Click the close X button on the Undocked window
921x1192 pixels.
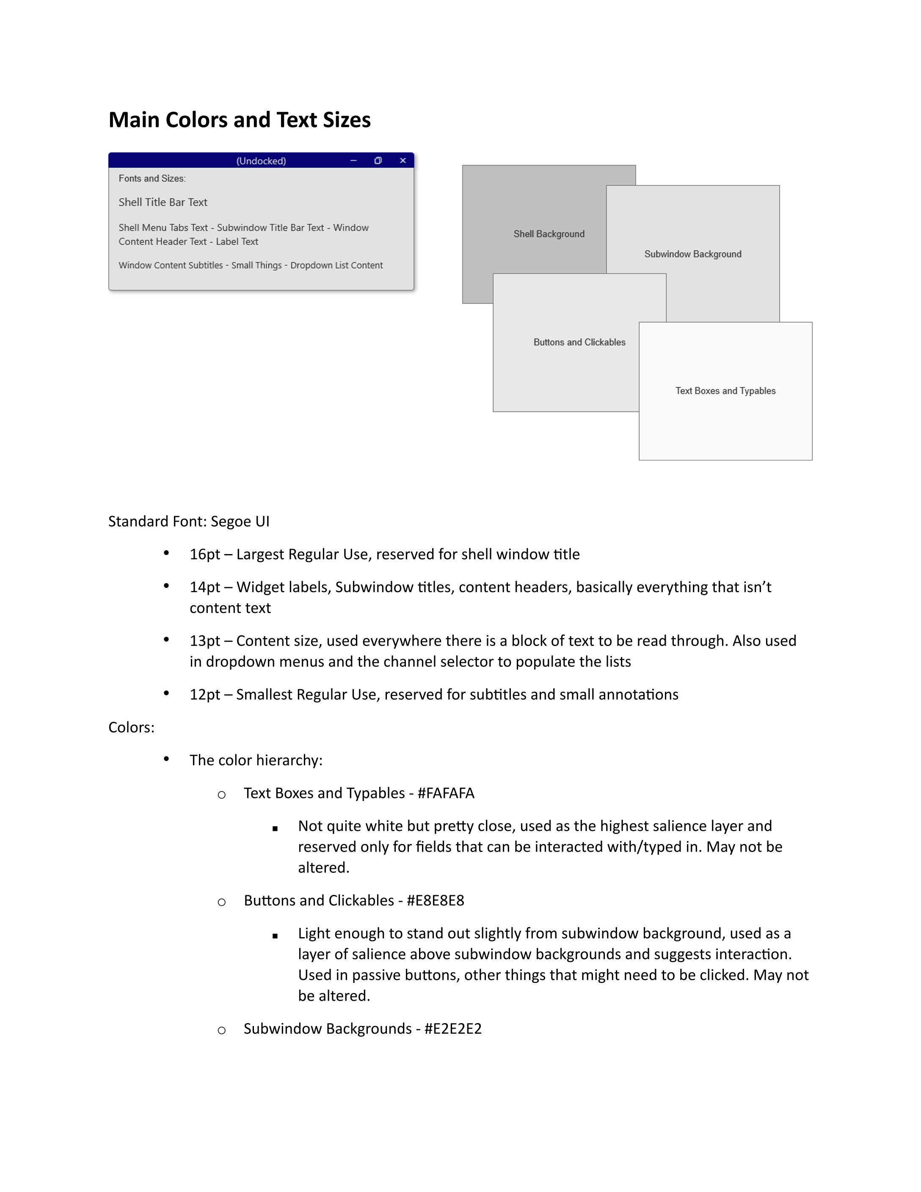click(403, 160)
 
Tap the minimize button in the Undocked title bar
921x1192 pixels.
click(353, 160)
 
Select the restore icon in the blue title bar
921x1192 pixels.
click(378, 160)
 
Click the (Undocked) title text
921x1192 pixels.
click(261, 161)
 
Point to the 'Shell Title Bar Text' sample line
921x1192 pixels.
click(163, 202)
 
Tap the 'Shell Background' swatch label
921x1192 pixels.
click(549, 234)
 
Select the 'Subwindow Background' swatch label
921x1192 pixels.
click(692, 254)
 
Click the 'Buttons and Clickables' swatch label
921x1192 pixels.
click(579, 342)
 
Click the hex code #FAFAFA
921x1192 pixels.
click(446, 793)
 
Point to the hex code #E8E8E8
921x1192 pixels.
click(436, 900)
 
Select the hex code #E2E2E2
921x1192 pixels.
click(453, 1029)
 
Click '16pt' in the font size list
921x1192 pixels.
click(204, 555)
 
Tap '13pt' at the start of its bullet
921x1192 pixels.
click(204, 641)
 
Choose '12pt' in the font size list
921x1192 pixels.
click(204, 695)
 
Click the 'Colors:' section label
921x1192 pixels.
click(131, 728)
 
